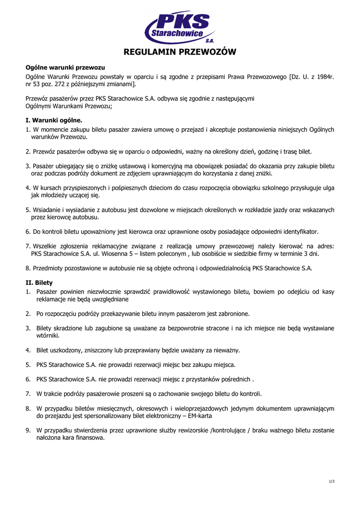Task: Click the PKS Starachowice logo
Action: pos(180,28)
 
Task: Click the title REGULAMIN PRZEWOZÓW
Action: pos(180,52)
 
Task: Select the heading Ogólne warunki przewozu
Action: pos(65,68)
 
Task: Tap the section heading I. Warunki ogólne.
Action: pos(54,120)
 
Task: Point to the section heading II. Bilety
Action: pos(39,282)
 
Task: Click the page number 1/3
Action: pos(332,481)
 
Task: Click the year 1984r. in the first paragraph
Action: pos(324,77)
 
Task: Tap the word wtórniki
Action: pos(48,336)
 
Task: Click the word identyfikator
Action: pos(296,232)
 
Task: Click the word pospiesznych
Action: pos(131,188)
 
